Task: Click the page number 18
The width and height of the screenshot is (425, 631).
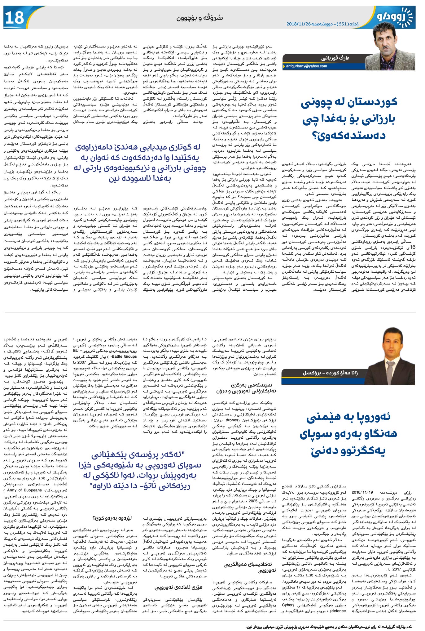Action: tap(15, 17)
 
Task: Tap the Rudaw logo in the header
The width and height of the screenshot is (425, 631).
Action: tap(394, 17)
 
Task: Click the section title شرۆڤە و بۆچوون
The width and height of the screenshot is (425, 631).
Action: tap(199, 18)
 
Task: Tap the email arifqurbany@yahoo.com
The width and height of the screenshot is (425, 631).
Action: tap(306, 66)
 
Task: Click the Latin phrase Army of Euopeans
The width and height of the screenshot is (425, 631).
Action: tap(24, 490)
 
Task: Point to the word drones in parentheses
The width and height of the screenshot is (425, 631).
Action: tap(232, 420)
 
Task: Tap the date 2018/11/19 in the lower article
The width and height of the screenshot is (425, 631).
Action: tap(362, 492)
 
